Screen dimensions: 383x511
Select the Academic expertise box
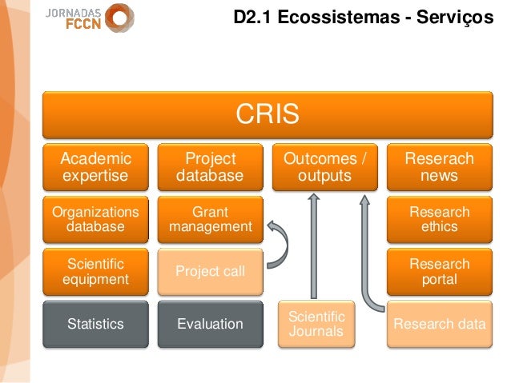click(94, 167)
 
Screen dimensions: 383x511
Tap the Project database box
click(210, 167)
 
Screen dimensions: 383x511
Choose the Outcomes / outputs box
click(324, 167)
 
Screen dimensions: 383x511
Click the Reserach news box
click(439, 167)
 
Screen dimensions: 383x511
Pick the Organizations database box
click(94, 219)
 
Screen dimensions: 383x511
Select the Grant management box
click(210, 219)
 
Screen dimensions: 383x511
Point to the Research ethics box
click(439, 219)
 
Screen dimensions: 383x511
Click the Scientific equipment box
click(94, 271)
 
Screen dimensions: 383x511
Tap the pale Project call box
click(210, 271)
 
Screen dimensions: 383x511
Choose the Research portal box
click(439, 271)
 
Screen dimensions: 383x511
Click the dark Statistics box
click(94, 324)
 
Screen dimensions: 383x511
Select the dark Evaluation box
click(210, 324)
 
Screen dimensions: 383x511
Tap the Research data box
click(439, 324)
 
